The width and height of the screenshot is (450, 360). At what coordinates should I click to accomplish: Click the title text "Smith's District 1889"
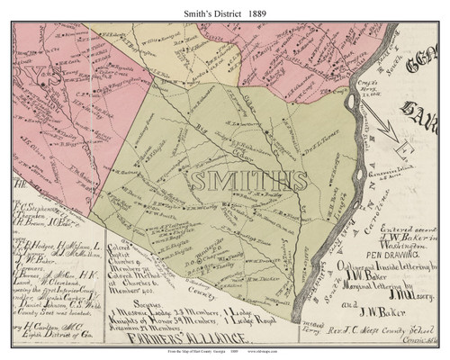click(x=224, y=10)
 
